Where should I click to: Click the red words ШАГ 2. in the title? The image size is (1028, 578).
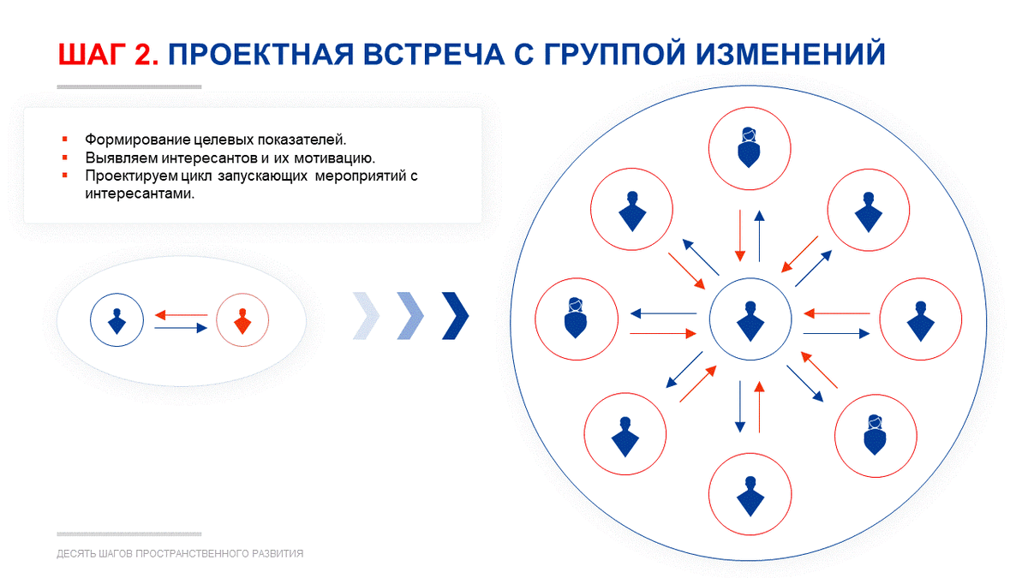108,54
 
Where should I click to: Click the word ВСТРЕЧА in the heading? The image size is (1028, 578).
433,54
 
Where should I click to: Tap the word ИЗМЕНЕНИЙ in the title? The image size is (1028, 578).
790,54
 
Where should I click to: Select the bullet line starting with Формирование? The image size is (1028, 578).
216,140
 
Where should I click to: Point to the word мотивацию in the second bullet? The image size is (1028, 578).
334,158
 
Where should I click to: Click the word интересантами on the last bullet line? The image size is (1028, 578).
140,194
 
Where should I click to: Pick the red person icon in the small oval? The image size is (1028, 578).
242,321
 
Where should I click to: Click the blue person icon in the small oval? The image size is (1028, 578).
117,321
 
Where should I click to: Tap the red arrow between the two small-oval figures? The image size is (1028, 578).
182,315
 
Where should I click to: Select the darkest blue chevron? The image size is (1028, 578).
455,316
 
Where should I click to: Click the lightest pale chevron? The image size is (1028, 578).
367,316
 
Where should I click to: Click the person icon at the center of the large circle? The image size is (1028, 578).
750,321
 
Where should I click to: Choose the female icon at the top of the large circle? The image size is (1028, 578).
749,147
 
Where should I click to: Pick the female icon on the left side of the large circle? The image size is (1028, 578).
576,319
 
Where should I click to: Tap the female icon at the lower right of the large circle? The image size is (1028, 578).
876,435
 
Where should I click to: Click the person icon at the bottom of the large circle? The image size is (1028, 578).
750,497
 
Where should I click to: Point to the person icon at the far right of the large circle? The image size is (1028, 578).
921,321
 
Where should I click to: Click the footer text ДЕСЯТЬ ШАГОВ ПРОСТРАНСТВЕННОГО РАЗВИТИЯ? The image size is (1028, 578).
180,554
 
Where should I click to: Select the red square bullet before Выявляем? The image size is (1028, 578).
65,158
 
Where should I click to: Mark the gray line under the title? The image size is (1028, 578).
129,86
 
